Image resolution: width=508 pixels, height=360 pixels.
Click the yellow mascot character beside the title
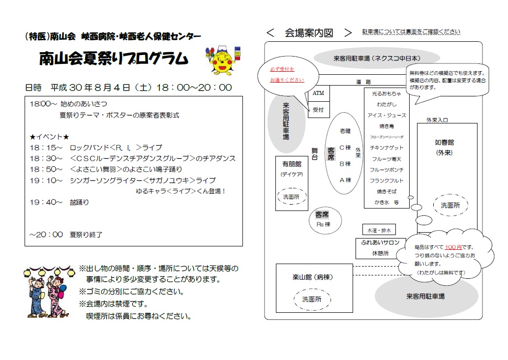(223, 60)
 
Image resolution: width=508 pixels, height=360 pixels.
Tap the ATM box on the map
(319, 93)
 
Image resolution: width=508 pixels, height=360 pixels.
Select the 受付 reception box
(319, 110)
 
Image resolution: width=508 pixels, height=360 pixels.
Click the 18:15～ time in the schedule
(46, 148)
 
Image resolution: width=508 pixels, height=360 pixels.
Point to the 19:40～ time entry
(46, 202)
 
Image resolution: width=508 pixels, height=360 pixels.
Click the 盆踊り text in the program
(79, 202)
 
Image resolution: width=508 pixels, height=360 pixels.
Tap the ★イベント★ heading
(49, 137)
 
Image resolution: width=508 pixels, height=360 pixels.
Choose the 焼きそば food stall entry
(387, 191)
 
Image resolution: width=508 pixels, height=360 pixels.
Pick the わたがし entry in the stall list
(387, 104)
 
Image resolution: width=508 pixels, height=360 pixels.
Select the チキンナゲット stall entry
(387, 148)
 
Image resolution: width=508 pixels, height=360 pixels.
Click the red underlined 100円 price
(453, 247)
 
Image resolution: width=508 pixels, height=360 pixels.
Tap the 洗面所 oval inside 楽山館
(312, 300)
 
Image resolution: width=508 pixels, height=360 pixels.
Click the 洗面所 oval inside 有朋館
(291, 197)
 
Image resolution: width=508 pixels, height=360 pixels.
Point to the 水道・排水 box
(379, 230)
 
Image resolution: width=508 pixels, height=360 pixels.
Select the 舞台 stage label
(315, 154)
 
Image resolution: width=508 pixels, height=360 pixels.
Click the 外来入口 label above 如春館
(437, 120)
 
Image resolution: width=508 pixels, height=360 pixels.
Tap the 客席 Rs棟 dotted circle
(325, 220)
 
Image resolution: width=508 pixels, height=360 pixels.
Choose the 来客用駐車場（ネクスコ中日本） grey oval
(377, 59)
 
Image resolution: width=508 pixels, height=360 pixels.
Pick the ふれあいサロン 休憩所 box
(380, 248)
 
